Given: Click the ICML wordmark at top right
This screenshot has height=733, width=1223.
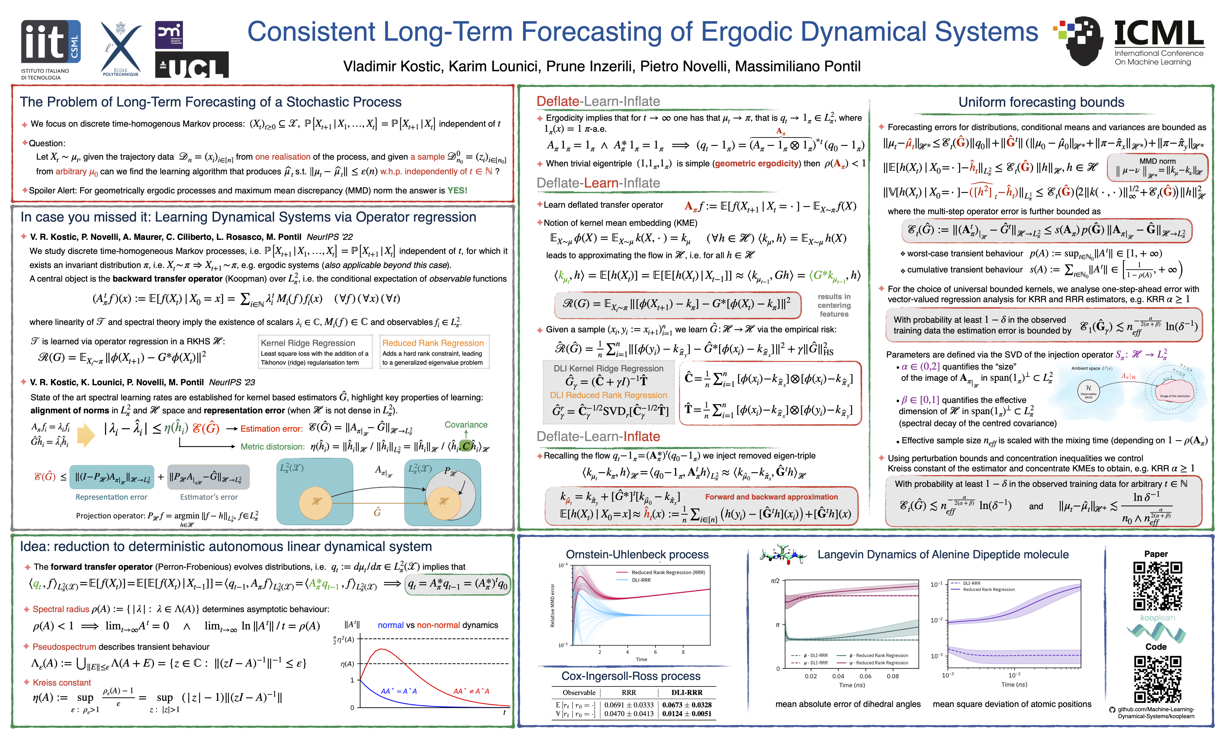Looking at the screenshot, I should click(1158, 34).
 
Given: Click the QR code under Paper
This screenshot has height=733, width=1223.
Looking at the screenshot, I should click(1157, 586).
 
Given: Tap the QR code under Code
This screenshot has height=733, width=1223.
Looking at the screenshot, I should click(1157, 679).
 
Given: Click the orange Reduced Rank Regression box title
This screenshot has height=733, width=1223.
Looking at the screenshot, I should click(433, 343).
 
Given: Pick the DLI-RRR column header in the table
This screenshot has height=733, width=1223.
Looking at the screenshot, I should click(687, 693).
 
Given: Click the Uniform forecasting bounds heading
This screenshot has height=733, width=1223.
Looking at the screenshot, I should click(1041, 102).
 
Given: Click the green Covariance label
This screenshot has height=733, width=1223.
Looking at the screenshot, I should click(466, 425).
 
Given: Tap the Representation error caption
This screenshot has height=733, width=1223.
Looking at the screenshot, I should click(111, 497).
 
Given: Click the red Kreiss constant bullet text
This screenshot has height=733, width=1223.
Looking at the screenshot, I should click(62, 683).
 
